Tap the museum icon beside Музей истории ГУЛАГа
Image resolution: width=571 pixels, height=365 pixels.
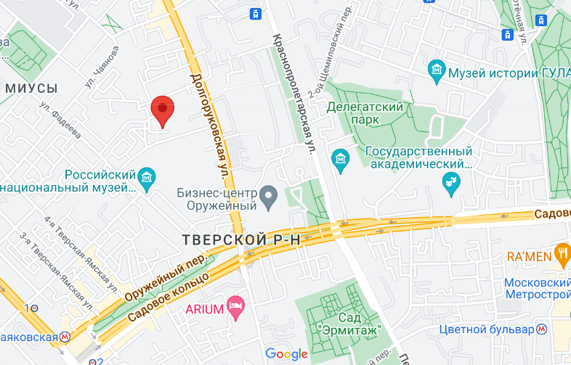point(437,71)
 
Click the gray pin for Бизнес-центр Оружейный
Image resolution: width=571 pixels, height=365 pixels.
point(269,194)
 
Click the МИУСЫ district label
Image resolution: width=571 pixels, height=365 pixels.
point(31,88)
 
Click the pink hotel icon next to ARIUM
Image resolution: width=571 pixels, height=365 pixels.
point(234,305)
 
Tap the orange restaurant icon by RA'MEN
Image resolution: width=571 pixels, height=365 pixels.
point(562,253)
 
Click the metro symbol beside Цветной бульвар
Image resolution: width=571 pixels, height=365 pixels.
point(542,329)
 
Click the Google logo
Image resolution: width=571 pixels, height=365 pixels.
point(286,353)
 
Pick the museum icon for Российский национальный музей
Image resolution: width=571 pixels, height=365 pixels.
point(147,176)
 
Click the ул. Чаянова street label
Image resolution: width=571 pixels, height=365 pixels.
point(102,67)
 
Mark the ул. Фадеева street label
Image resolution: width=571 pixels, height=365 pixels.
point(60,119)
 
